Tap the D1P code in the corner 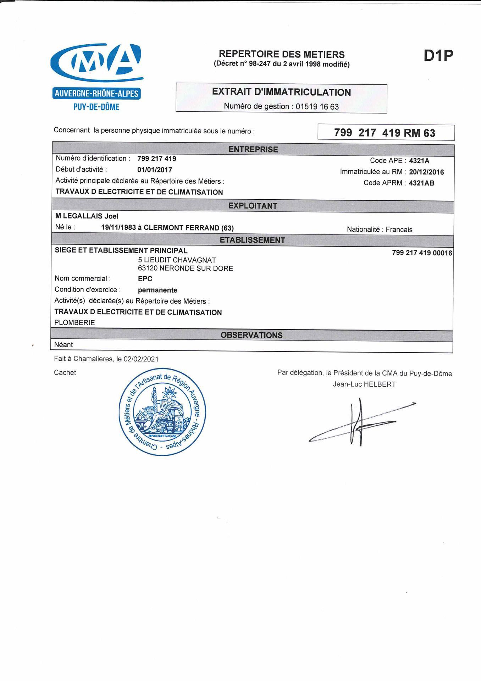[438, 56]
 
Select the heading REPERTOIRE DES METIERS [282, 54]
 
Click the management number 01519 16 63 [317, 106]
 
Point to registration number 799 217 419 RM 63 [385, 133]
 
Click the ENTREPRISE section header [253, 149]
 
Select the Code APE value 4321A [419, 161]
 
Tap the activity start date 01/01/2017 [154, 170]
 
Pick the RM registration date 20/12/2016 [426, 172]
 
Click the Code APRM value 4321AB [421, 183]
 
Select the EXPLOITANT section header [253, 206]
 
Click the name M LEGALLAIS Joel [87, 216]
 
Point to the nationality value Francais [399, 229]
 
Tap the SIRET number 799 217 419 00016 [422, 253]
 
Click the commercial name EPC [145, 279]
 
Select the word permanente [157, 290]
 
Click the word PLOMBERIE [74, 323]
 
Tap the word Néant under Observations [63, 345]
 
